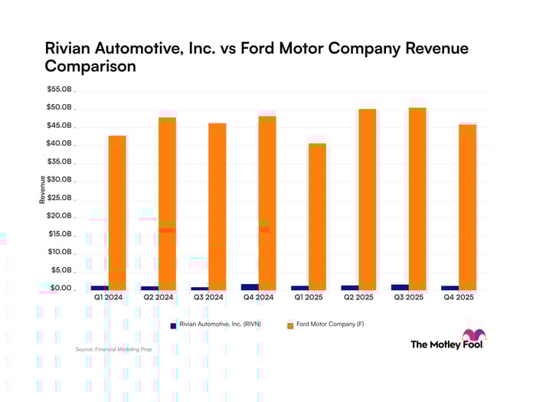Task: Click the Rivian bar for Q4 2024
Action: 250,286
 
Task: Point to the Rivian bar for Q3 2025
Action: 400,287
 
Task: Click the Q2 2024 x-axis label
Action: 159,297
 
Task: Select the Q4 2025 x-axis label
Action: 458,297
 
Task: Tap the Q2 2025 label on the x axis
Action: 358,297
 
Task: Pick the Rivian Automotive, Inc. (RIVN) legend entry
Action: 216,325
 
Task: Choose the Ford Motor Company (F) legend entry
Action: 325,325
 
